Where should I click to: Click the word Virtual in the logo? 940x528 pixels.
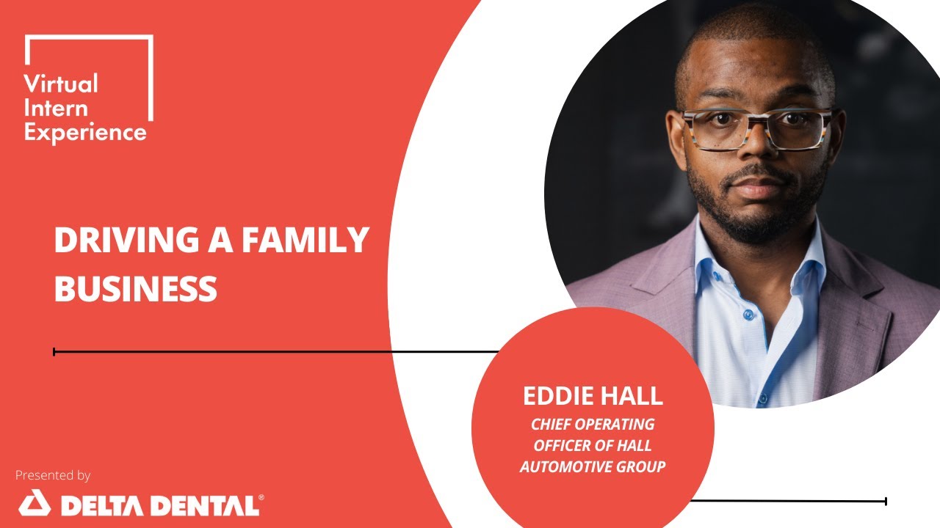click(61, 84)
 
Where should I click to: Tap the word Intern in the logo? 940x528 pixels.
click(56, 108)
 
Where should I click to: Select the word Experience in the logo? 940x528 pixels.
click(85, 133)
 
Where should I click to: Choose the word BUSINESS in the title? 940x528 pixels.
click(136, 289)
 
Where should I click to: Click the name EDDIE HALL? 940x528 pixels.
click(593, 397)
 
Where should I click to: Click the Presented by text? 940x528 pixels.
click(53, 475)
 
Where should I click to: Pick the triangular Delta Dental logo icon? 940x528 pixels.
click(34, 505)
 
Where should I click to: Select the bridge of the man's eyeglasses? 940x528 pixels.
click(757, 117)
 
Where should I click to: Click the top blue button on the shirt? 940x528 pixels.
click(748, 315)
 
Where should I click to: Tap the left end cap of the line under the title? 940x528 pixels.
click(54, 352)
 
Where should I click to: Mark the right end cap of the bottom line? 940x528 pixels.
click(886, 502)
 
